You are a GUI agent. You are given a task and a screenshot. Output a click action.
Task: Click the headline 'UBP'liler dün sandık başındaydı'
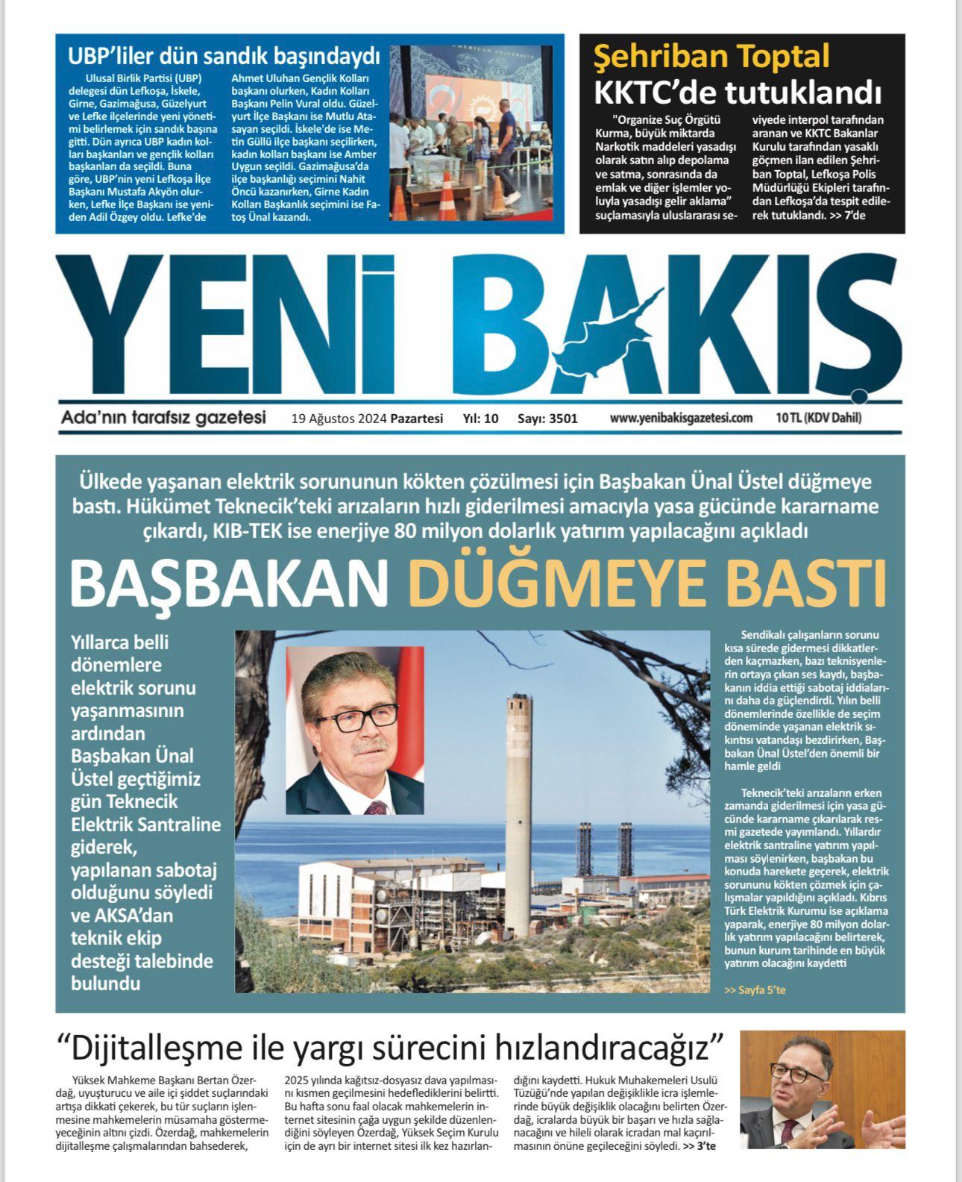pyautogui.click(x=224, y=56)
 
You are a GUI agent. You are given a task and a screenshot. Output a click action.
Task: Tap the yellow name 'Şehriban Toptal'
pyautogui.click(x=711, y=56)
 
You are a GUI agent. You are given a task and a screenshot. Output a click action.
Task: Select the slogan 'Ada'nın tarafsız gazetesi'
pyautogui.click(x=163, y=418)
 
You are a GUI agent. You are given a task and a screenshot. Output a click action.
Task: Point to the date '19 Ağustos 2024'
pyautogui.click(x=339, y=419)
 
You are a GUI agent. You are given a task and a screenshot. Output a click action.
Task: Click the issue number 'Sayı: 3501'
pyautogui.click(x=547, y=419)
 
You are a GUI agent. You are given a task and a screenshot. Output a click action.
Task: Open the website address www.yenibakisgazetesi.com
pyautogui.click(x=681, y=418)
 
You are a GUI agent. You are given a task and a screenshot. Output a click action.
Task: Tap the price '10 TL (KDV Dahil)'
pyautogui.click(x=818, y=418)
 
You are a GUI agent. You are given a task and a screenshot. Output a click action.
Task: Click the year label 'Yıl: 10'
pyautogui.click(x=480, y=419)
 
